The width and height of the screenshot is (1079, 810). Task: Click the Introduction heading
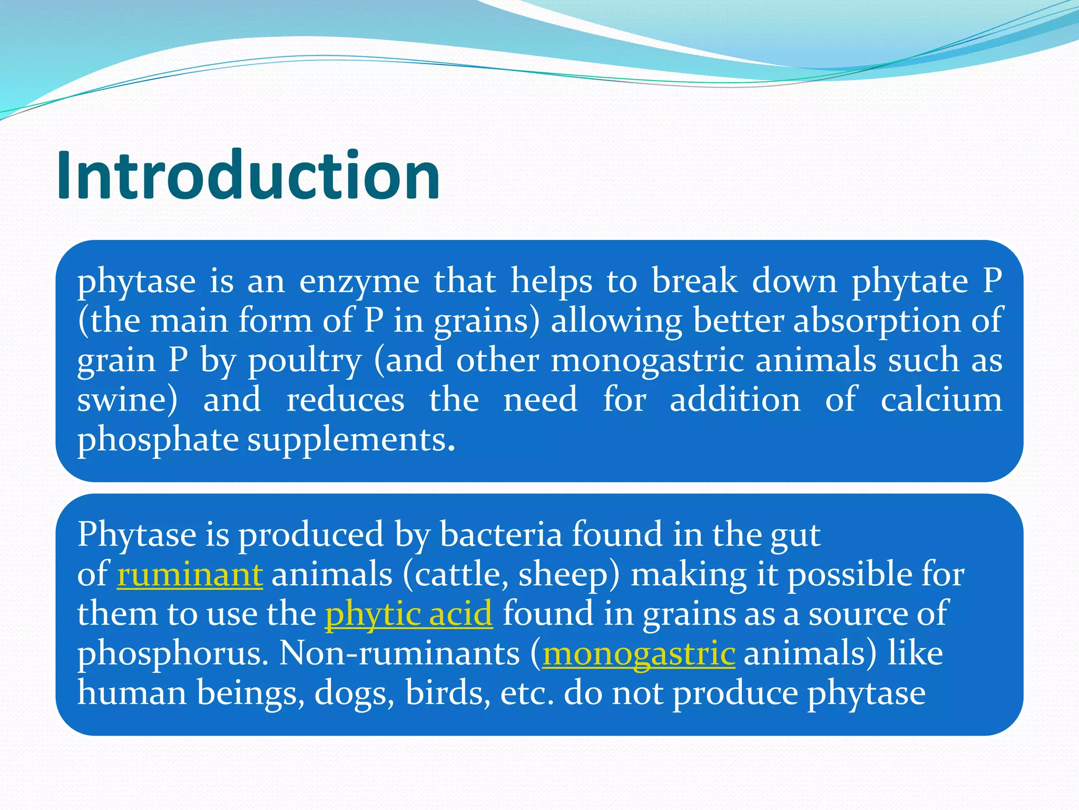248,176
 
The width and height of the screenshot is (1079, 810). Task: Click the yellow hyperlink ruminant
190,574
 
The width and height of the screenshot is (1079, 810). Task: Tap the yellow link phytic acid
408,614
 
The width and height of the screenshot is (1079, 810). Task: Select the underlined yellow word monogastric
639,653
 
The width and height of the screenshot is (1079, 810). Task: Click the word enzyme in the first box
359,282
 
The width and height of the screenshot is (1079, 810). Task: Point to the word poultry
305,361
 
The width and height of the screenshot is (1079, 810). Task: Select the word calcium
941,400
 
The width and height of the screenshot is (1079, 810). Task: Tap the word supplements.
351,440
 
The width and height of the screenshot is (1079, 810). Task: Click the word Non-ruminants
399,653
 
